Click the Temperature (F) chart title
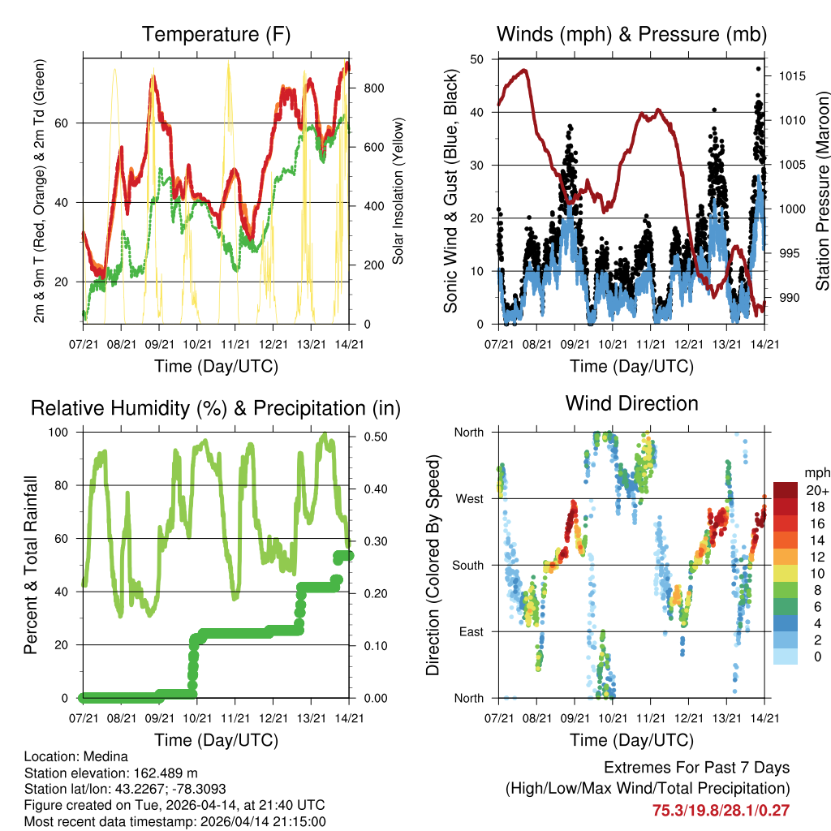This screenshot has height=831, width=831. pos(216,35)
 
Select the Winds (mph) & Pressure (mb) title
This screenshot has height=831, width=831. pos(631,35)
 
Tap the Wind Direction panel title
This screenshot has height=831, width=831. pos(631,403)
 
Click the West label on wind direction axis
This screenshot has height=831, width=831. pos(470,498)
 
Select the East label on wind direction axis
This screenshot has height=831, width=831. pos(470,631)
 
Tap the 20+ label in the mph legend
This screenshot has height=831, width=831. pos(816,490)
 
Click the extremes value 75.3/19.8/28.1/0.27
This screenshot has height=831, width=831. pos(721,810)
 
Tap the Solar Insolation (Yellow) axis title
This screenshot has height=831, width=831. pos(398,192)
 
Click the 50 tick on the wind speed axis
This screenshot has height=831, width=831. pos(477,59)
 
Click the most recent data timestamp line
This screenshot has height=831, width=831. pos(175,821)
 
